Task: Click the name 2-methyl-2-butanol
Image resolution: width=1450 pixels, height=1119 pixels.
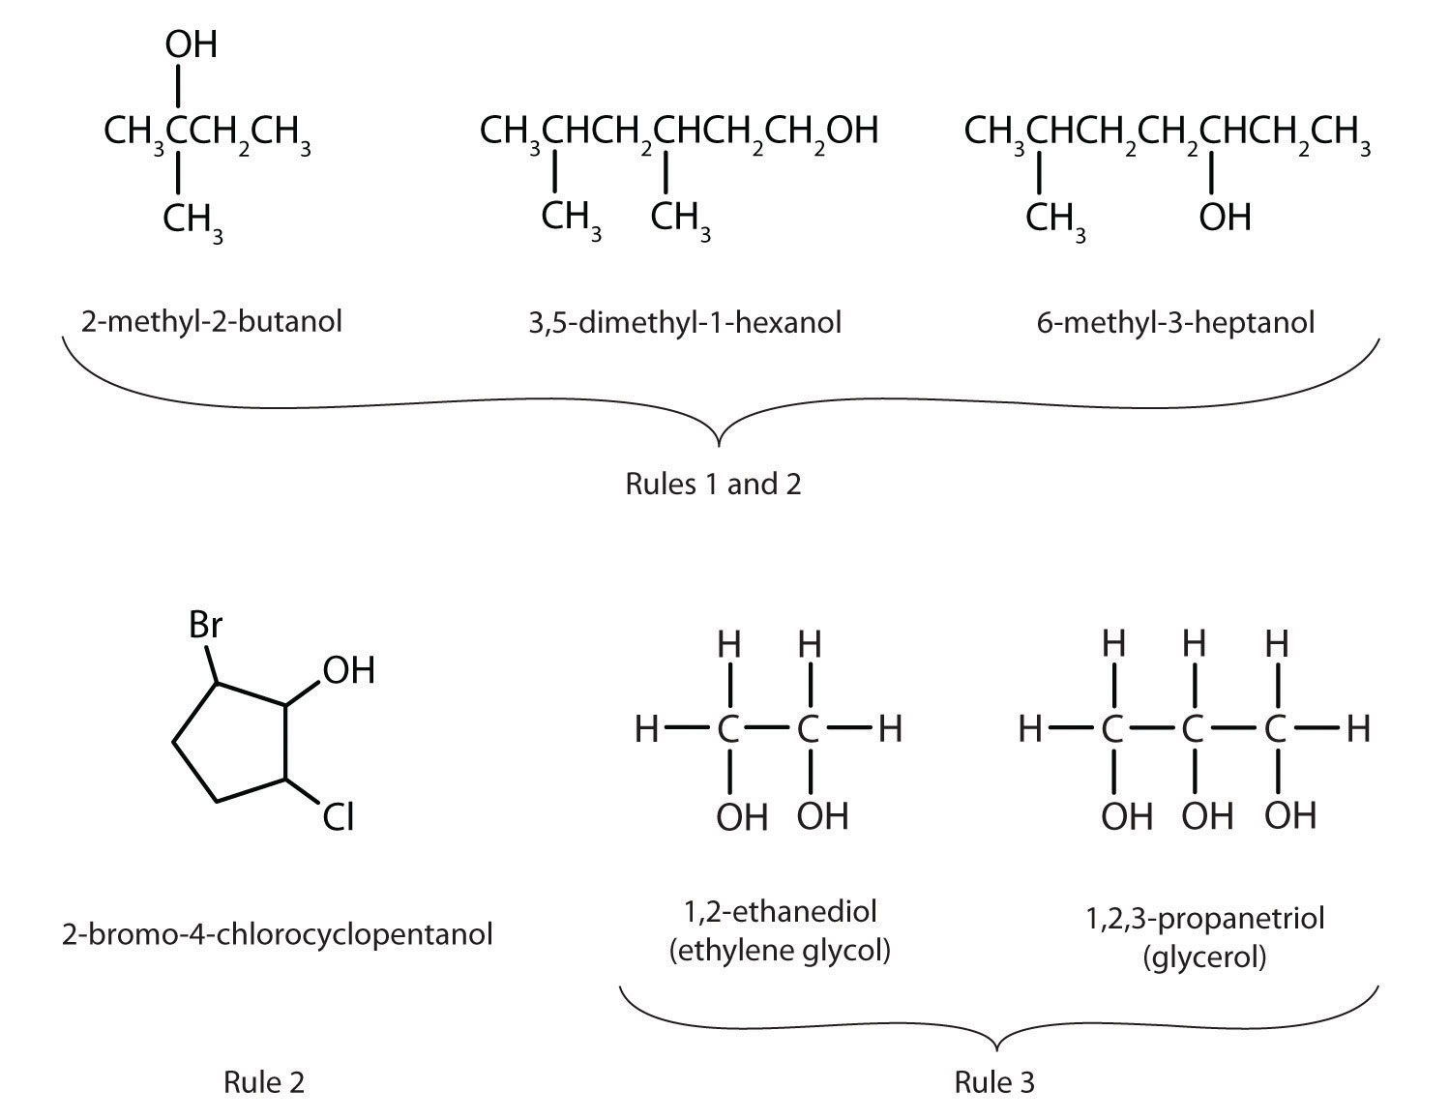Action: click(x=211, y=320)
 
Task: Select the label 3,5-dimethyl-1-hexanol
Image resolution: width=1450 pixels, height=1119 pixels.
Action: click(x=684, y=321)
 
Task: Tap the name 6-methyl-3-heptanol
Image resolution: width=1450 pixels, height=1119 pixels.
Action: click(x=1175, y=321)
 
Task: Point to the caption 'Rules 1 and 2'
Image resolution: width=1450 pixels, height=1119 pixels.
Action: click(x=713, y=483)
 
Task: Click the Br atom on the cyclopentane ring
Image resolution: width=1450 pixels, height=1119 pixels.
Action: click(x=206, y=625)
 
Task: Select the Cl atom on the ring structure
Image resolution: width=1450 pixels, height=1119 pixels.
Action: click(x=338, y=819)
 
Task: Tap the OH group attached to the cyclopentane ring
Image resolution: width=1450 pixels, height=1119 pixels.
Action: click(x=348, y=670)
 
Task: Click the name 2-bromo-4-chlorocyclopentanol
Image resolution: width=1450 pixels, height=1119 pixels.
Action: click(x=277, y=934)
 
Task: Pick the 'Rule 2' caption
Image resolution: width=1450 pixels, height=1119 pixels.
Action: click(x=263, y=1081)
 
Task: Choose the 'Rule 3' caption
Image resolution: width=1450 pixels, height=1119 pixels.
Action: click(x=994, y=1081)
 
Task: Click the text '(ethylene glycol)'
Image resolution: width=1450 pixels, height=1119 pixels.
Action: click(x=779, y=951)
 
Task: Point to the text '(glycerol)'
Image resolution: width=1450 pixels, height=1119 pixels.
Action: click(x=1203, y=957)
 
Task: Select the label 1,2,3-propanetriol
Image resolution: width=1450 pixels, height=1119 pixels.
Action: click(x=1204, y=917)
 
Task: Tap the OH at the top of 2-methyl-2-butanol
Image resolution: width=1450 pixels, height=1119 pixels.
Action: click(x=191, y=44)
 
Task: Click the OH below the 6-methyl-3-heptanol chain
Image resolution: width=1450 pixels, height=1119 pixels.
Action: click(x=1225, y=217)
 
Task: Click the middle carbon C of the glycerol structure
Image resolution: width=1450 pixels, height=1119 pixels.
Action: click(x=1195, y=729)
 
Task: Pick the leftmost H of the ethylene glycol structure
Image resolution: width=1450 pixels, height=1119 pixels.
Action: click(x=646, y=729)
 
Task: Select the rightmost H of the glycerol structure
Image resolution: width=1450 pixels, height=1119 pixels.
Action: click(x=1358, y=729)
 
